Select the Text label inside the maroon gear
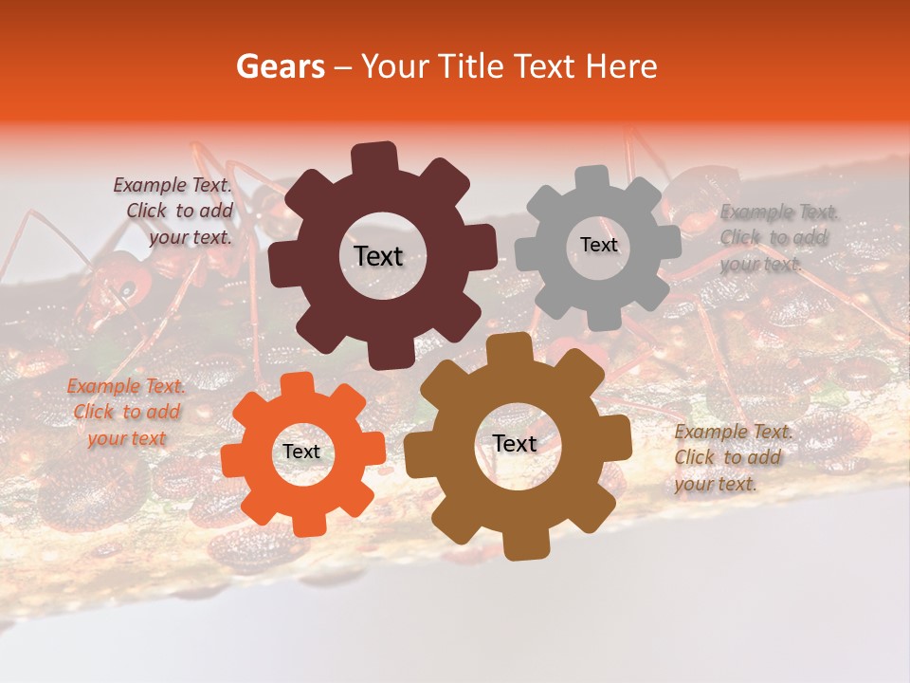click(x=378, y=256)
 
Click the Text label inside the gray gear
click(x=598, y=245)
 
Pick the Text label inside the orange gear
click(x=301, y=452)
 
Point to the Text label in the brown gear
click(x=515, y=443)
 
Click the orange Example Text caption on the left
click(x=127, y=412)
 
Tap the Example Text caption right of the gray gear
click(x=777, y=237)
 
